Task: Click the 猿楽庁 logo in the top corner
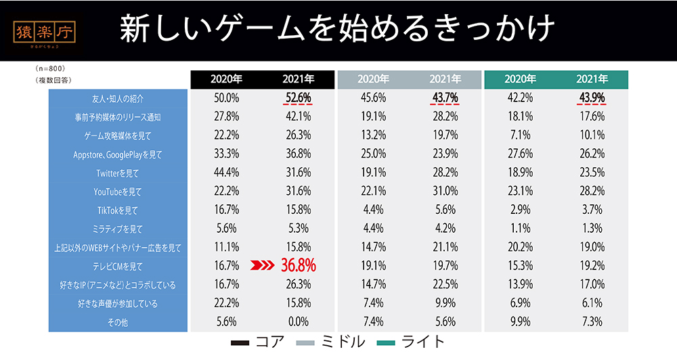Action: pos(45,32)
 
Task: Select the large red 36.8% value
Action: pos(299,266)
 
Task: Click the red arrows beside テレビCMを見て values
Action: pos(263,266)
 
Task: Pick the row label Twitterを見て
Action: pos(118,173)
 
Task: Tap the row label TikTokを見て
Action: pos(118,210)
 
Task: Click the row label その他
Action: pos(118,322)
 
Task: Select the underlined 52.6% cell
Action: pos(299,98)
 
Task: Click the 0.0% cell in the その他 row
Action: pos(299,322)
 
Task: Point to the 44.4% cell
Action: pos(226,173)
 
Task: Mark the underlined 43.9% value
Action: pos(592,98)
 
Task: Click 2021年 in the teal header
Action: pos(592,79)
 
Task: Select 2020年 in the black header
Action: pos(226,79)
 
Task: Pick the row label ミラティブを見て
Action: pos(118,229)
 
